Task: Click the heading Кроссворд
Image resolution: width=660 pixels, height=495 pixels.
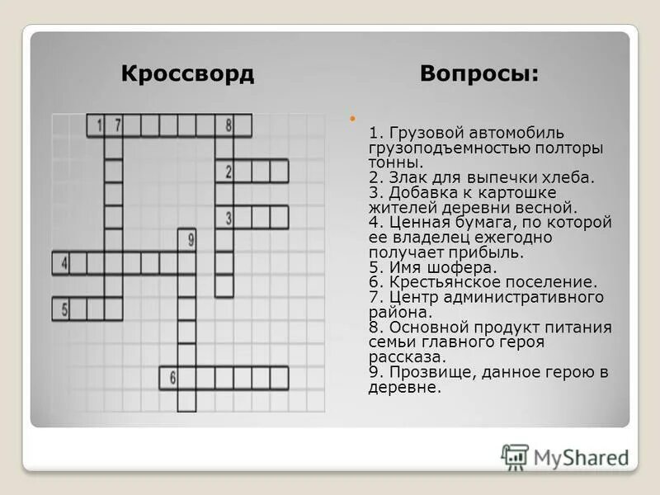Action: (x=187, y=73)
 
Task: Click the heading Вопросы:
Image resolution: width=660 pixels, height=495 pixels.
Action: (x=479, y=73)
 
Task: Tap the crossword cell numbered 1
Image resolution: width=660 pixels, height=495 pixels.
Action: (x=97, y=126)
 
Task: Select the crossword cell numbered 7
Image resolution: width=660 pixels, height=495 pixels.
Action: (x=115, y=126)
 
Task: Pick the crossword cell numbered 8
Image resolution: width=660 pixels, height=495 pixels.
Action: (x=224, y=126)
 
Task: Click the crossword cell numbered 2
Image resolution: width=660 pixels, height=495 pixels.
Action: (x=224, y=172)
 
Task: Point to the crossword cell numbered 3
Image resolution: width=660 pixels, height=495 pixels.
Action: (x=224, y=217)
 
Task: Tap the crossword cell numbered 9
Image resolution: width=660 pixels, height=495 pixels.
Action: (x=188, y=240)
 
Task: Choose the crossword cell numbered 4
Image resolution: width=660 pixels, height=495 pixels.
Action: (x=60, y=264)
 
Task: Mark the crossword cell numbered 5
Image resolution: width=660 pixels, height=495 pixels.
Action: (x=60, y=309)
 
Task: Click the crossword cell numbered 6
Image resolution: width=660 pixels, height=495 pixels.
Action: (x=170, y=378)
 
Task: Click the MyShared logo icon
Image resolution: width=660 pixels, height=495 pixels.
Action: (x=515, y=456)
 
